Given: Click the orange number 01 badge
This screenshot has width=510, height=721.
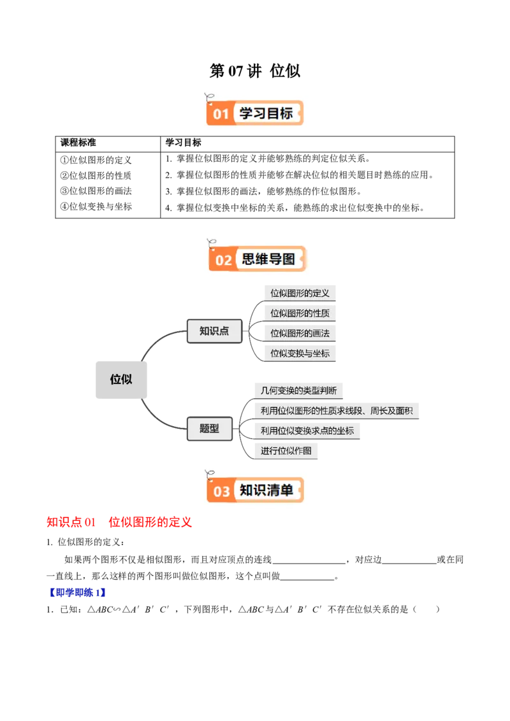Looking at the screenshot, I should pyautogui.click(x=220, y=114).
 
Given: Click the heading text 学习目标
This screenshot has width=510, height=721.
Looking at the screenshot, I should pyautogui.click(x=266, y=113).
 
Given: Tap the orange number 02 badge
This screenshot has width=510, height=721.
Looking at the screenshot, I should pyautogui.click(x=224, y=260).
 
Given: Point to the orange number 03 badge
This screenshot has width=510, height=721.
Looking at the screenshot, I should pyautogui.click(x=221, y=491).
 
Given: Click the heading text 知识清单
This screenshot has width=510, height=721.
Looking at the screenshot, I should pyautogui.click(x=266, y=490).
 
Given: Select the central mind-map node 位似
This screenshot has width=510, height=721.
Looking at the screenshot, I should pyautogui.click(x=120, y=379).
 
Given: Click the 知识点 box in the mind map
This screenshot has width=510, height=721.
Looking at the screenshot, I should pyautogui.click(x=214, y=331).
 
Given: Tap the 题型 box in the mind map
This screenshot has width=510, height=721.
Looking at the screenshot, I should pyautogui.click(x=209, y=429).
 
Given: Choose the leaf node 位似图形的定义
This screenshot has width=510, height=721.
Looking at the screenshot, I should pyautogui.click(x=300, y=293).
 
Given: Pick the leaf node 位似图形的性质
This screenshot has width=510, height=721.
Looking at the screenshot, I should pyautogui.click(x=300, y=313).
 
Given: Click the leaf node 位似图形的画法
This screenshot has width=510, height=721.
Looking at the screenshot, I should pyautogui.click(x=300, y=333).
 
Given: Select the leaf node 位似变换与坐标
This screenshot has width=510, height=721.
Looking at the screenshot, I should pyautogui.click(x=300, y=353).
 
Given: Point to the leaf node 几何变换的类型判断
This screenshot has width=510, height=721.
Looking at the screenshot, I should pyautogui.click(x=299, y=390).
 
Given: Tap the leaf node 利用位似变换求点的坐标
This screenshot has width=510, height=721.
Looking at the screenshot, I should pyautogui.click(x=307, y=431).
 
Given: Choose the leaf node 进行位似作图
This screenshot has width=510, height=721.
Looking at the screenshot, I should pyautogui.click(x=286, y=451).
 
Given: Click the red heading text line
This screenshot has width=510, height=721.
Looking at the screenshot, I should pyautogui.click(x=119, y=523).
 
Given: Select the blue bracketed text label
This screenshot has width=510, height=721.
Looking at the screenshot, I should pyautogui.click(x=76, y=593).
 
